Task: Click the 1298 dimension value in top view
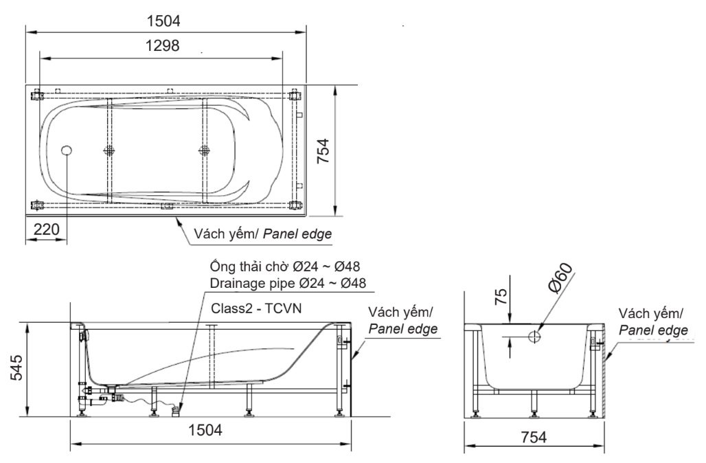coord(163,46)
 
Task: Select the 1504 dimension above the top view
coord(163,21)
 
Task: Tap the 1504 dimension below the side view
coord(205,431)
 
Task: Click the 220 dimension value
coord(47,229)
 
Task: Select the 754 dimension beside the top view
coord(323,152)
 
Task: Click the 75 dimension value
coord(502,296)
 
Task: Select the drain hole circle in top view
coord(67,150)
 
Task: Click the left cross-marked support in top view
coord(109,151)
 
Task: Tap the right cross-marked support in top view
coord(203,151)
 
